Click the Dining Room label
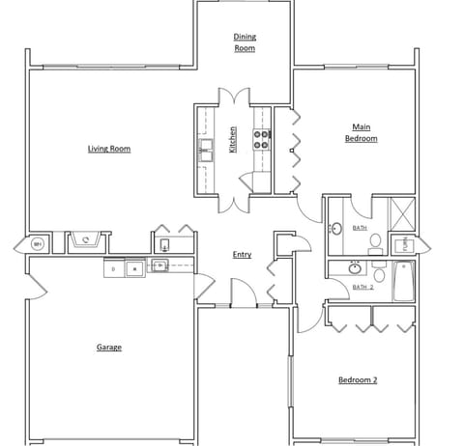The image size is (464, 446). pyautogui.click(x=245, y=42)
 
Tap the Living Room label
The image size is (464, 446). pyautogui.click(x=109, y=149)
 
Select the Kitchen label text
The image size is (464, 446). pyautogui.click(x=233, y=140)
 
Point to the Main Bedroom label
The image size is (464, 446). pyautogui.click(x=361, y=132)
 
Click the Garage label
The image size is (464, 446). pyautogui.click(x=108, y=347)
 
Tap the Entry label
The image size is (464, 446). pyautogui.click(x=243, y=255)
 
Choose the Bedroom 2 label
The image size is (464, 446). pyautogui.click(x=357, y=379)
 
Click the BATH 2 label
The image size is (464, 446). pyautogui.click(x=362, y=287)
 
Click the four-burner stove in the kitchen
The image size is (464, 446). pyautogui.click(x=260, y=141)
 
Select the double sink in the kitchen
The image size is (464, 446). pyautogui.click(x=206, y=148)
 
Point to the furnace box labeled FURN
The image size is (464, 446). pyautogui.click(x=401, y=245)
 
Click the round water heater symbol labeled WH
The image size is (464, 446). pyautogui.click(x=38, y=244)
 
